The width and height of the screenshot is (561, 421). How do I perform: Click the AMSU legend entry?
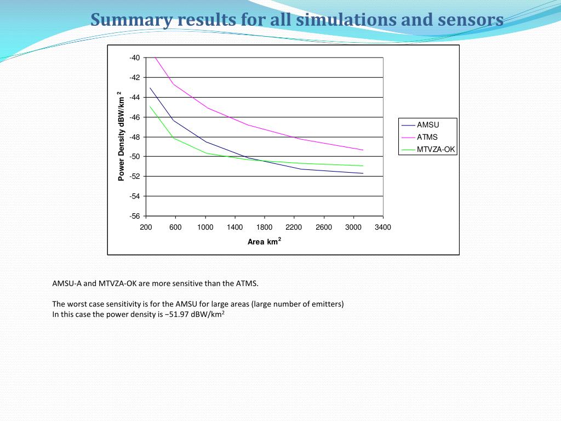(x=428, y=125)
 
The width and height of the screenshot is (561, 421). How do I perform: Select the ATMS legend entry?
(x=427, y=137)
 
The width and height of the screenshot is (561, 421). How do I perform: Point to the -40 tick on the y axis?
(x=135, y=58)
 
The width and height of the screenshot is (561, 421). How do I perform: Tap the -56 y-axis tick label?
(x=135, y=216)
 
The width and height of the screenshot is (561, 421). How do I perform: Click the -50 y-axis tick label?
(x=135, y=157)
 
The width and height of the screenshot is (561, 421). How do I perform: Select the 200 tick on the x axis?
(x=146, y=227)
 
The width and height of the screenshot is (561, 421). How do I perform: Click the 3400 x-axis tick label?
(x=383, y=227)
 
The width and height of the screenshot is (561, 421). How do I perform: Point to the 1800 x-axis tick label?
(x=264, y=227)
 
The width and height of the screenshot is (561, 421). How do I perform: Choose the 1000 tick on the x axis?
(x=205, y=227)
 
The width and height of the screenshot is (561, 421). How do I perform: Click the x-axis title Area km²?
(x=264, y=242)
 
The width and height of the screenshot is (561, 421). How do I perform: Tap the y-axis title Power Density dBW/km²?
(x=121, y=136)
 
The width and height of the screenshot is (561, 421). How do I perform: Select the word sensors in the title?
(x=471, y=20)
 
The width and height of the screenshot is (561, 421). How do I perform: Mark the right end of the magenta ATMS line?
(x=363, y=150)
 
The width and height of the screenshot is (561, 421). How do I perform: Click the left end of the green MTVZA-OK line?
(x=150, y=106)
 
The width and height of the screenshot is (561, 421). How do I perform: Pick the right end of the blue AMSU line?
(x=363, y=173)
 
